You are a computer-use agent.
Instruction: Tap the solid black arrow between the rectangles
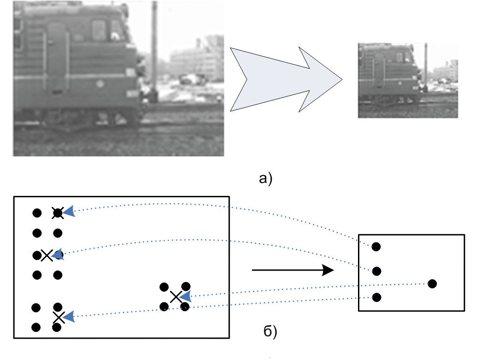coord(292,270)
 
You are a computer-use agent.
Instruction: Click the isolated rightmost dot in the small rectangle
coord(432,283)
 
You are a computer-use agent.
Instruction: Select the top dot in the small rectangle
coord(376,247)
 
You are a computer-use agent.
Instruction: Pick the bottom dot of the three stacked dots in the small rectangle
coord(376,297)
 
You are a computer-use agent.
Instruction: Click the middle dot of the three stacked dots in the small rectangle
coord(376,271)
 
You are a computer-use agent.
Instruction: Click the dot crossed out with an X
coord(57,212)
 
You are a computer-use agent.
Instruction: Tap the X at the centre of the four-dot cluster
coord(175,297)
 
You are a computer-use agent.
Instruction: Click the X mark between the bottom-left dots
coord(58,317)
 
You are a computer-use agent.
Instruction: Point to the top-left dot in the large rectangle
coord(37,213)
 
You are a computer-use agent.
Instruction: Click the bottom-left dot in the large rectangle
coord(36,327)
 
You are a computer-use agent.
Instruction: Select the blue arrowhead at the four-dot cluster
coord(185,296)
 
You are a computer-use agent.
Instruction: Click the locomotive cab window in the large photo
coord(99,30)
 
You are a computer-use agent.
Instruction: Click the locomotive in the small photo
coord(388,71)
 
